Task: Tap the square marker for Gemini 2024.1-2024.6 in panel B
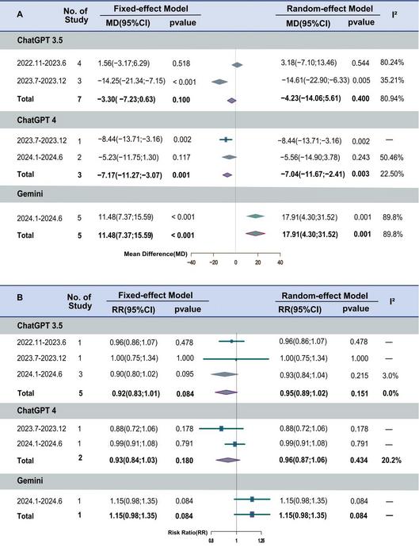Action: (252, 499)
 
